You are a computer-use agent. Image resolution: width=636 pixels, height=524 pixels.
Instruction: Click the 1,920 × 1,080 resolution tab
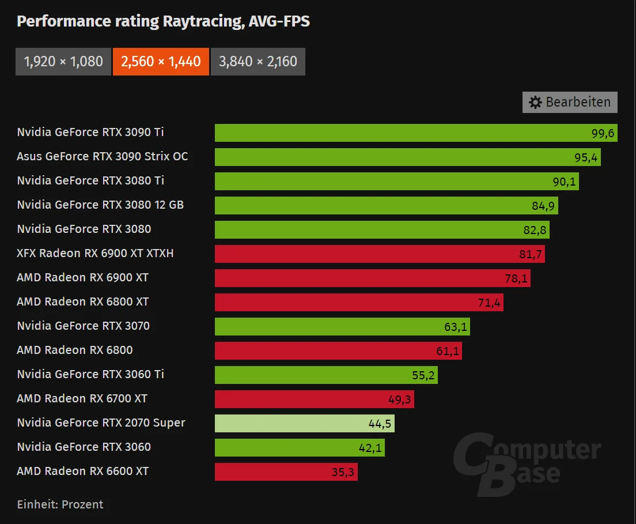pyautogui.click(x=63, y=62)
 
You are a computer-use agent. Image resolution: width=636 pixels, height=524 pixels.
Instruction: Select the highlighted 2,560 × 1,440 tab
pyautogui.click(x=161, y=62)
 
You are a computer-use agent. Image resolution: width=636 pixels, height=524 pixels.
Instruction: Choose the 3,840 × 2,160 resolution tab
pyautogui.click(x=258, y=62)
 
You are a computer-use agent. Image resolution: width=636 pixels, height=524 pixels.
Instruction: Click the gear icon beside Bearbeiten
pyautogui.click(x=535, y=102)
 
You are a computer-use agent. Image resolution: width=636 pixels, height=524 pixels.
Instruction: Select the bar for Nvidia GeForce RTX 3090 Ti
pyautogui.click(x=416, y=133)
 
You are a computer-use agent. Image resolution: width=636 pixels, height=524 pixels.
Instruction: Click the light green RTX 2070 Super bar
pyautogui.click(x=305, y=423)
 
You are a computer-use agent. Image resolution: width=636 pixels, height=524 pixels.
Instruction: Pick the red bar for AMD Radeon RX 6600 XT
pyautogui.click(x=286, y=472)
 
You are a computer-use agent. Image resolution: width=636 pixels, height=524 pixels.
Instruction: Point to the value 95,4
pyautogui.click(x=586, y=157)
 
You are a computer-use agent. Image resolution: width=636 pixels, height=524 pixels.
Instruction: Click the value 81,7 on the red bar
pyautogui.click(x=531, y=254)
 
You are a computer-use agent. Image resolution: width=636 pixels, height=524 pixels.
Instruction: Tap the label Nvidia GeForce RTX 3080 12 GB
pyautogui.click(x=100, y=205)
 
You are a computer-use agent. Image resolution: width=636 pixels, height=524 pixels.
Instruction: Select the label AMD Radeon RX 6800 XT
pyautogui.click(x=83, y=301)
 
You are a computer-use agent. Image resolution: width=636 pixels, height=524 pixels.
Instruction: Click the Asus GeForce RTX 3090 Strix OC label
pyautogui.click(x=102, y=156)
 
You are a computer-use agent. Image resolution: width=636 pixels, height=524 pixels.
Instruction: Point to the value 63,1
pyautogui.click(x=456, y=327)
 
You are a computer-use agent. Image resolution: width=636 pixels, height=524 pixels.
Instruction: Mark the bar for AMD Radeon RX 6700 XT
pyautogui.click(x=315, y=399)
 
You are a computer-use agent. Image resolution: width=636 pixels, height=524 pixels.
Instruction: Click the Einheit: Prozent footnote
pyautogui.click(x=60, y=504)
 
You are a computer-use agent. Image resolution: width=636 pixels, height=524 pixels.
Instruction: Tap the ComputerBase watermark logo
pyautogui.click(x=527, y=464)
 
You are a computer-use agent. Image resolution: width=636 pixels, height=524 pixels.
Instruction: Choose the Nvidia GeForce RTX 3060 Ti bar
pyautogui.click(x=326, y=375)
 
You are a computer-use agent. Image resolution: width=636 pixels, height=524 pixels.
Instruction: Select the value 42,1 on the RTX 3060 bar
pyautogui.click(x=370, y=448)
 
